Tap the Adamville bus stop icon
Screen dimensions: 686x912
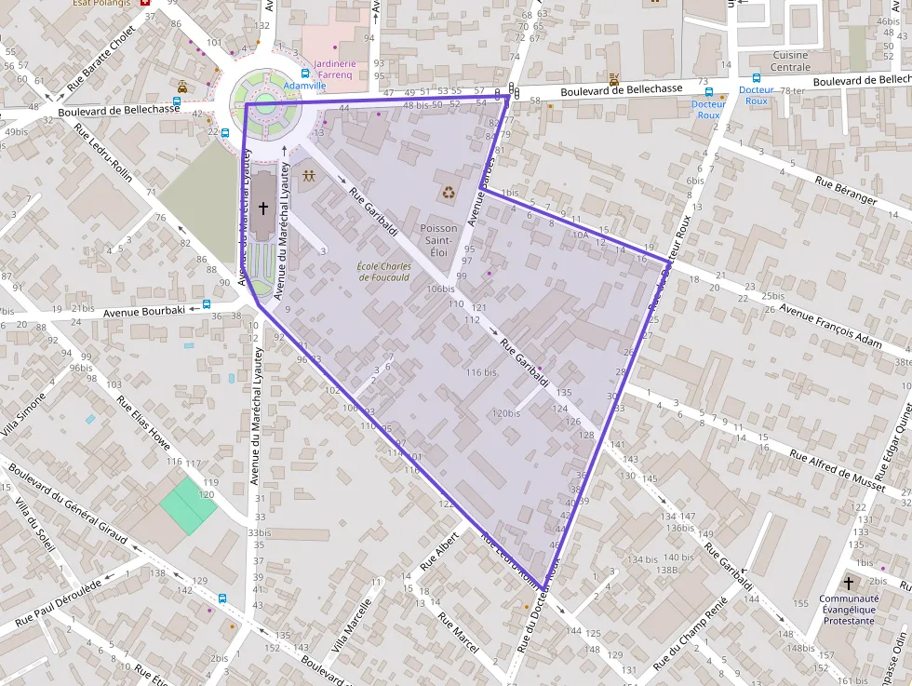point(305,74)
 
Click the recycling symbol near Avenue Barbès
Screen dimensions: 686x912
point(449,193)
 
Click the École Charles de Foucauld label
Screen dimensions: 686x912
point(384,272)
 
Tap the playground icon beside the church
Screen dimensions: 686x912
point(308,175)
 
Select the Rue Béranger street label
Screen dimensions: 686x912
point(845,191)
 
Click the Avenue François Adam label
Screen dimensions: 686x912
point(830,328)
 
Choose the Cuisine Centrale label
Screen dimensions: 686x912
point(790,61)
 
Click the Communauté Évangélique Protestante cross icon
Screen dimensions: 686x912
point(847,583)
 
